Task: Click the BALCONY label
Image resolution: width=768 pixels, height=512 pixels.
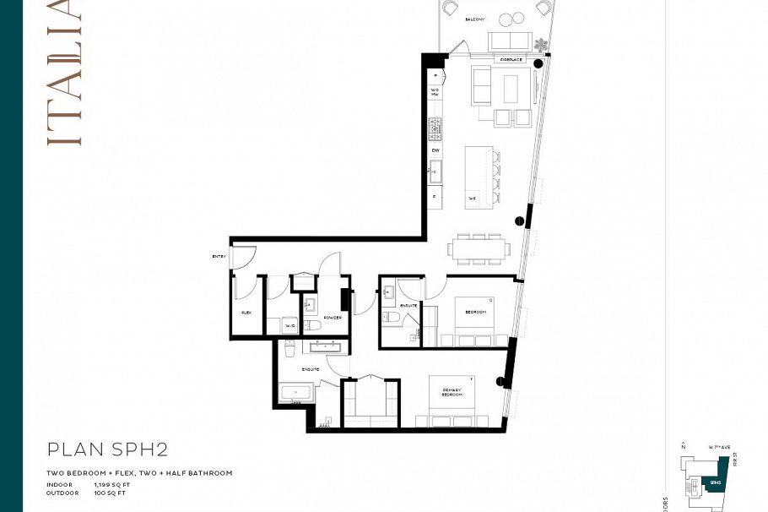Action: click(475, 19)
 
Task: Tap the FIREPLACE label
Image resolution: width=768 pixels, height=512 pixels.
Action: click(511, 60)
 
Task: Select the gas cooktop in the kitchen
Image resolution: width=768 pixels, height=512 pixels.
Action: click(435, 128)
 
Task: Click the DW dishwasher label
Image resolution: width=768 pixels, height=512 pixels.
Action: click(435, 150)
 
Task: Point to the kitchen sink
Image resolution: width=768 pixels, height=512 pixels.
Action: click(435, 174)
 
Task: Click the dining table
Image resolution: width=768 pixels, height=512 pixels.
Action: click(481, 248)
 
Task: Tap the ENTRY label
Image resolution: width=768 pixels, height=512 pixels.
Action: click(219, 256)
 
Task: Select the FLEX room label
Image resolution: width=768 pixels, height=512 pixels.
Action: click(246, 313)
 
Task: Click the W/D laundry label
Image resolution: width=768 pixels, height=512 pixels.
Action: click(289, 325)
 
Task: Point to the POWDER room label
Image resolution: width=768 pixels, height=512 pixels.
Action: click(333, 318)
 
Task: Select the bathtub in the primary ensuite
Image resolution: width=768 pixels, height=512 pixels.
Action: click(296, 394)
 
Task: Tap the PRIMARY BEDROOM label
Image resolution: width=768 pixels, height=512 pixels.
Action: click(452, 393)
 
